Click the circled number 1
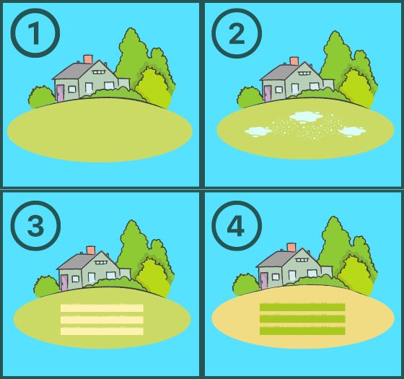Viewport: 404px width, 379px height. coord(35,33)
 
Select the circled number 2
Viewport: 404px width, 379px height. coord(235,33)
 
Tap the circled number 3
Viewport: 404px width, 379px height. coord(35,225)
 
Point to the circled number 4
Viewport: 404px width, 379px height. coord(235,225)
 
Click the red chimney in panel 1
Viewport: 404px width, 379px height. coord(88,59)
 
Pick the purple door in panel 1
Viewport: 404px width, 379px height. coord(60,92)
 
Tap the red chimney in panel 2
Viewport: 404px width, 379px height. coord(294,61)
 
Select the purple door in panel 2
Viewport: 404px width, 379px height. coord(267,93)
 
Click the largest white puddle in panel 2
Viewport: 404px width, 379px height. coord(305,116)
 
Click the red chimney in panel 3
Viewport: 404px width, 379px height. coord(91,251)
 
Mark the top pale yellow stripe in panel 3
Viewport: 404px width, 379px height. coord(102,308)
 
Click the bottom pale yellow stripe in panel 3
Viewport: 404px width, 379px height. coord(102,331)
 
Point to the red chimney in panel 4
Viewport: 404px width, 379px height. coord(291,247)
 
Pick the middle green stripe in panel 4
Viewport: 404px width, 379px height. coord(303,319)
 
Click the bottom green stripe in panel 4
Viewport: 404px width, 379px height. coord(303,331)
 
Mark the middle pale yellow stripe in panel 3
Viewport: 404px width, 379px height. coord(102,320)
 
